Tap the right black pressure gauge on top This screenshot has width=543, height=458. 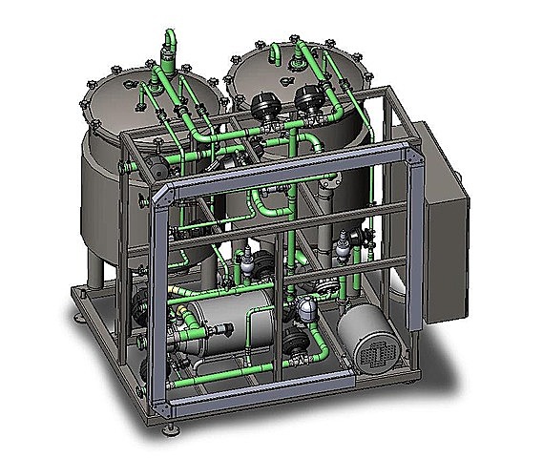308,96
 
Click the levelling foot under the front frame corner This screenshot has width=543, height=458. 171,413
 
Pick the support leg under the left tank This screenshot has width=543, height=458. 101,271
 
